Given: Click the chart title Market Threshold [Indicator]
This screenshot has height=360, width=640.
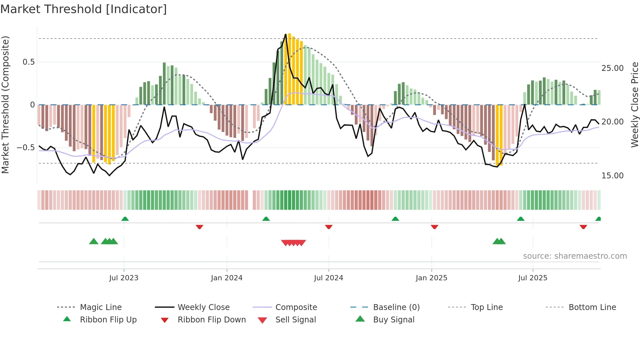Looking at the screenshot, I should click(x=84, y=9).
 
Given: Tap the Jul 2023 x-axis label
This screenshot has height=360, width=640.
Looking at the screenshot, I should click(x=124, y=278).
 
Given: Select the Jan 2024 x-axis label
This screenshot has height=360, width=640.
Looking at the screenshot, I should click(x=227, y=278).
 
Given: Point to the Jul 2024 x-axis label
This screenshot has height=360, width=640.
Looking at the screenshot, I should click(x=328, y=278).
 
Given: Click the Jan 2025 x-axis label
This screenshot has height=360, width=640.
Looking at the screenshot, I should click(x=431, y=278).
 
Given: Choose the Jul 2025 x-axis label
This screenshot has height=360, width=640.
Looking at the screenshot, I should click(x=533, y=278).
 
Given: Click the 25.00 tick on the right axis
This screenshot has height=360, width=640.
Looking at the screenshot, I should click(x=612, y=68).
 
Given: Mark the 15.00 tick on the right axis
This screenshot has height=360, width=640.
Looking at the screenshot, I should click(x=612, y=176).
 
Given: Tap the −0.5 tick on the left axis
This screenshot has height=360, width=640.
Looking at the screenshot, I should click(x=26, y=148).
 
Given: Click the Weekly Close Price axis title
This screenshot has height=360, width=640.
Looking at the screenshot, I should click(x=634, y=105).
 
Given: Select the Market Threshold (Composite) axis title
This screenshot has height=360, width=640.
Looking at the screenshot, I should click(x=5, y=105).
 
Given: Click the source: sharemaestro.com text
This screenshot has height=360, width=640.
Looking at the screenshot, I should click(x=575, y=256).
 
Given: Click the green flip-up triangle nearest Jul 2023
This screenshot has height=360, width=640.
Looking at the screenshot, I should click(x=125, y=219).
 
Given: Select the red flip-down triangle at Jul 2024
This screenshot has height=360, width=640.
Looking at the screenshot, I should click(x=329, y=227).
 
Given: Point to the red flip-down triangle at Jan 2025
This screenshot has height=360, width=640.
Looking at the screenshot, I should click(x=434, y=227).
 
